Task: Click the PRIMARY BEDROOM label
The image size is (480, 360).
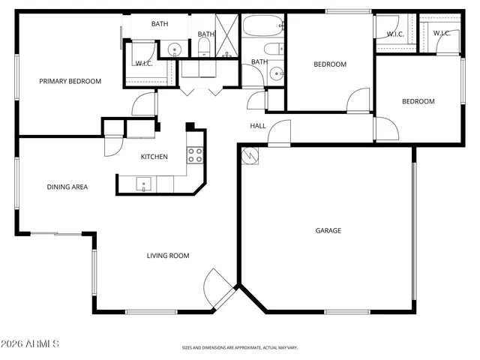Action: [70, 81]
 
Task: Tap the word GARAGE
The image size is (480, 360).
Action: [328, 230]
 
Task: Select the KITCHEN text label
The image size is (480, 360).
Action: [154, 157]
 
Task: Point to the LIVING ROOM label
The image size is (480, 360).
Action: [167, 256]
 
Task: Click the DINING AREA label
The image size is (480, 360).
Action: [67, 187]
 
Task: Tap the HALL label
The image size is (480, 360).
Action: [258, 126]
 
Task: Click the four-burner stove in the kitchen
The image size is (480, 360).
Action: [195, 155]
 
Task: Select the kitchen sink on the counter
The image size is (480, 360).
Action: [142, 182]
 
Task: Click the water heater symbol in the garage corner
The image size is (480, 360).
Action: [249, 155]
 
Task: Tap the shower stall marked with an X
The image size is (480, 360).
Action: [226, 35]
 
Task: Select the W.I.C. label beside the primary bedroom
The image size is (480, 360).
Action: [144, 63]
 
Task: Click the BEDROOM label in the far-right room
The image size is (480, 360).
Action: [418, 101]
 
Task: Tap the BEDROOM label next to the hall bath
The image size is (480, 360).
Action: [329, 64]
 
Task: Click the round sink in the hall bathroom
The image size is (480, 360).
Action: [276, 73]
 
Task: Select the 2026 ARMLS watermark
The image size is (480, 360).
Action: [31, 343]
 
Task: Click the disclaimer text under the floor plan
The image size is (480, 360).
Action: [240, 347]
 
